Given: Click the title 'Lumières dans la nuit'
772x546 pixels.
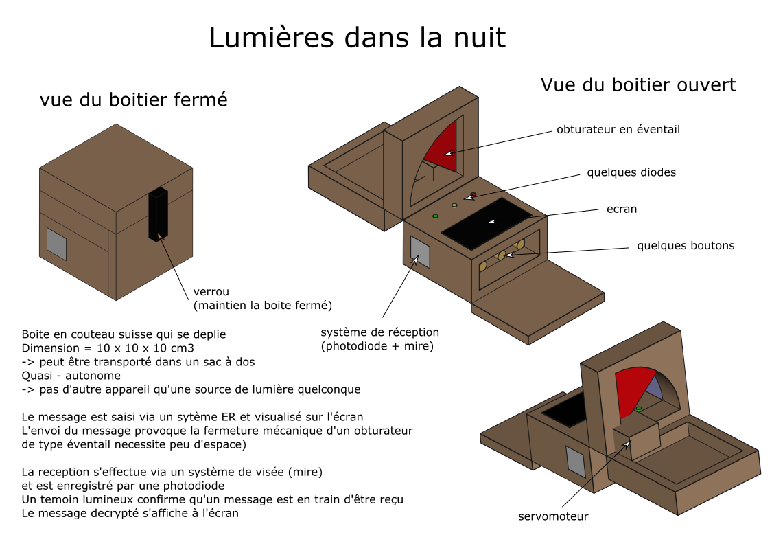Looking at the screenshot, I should pyautogui.click(x=357, y=38).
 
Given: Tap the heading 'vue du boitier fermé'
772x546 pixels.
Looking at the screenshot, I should pyautogui.click(x=133, y=100).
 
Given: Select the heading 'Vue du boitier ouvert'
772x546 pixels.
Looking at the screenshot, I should pyautogui.click(x=638, y=84).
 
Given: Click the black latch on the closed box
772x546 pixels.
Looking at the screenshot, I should pyautogui.click(x=158, y=213).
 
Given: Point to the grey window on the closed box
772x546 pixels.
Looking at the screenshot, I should pyautogui.click(x=56, y=244).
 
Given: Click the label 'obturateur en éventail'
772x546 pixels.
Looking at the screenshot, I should pyautogui.click(x=618, y=129).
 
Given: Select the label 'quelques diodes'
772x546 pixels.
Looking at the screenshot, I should pyautogui.click(x=631, y=172).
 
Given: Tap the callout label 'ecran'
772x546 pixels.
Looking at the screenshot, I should pyautogui.click(x=622, y=209).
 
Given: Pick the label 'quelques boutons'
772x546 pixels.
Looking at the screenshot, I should pyautogui.click(x=685, y=245).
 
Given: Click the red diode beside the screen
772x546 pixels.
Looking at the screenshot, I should pyautogui.click(x=473, y=194).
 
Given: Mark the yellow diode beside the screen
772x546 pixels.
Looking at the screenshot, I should pyautogui.click(x=454, y=205).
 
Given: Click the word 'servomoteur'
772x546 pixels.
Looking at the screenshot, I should pyautogui.click(x=553, y=516).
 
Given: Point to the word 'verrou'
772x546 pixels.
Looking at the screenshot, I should pyautogui.click(x=211, y=292).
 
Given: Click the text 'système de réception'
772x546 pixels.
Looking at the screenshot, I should pyautogui.click(x=379, y=332).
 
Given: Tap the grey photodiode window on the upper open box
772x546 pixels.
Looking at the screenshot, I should pyautogui.click(x=419, y=252).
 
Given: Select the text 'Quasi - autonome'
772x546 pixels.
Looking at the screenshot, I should pyautogui.click(x=71, y=376).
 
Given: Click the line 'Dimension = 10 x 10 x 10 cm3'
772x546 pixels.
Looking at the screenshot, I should pyautogui.click(x=108, y=348).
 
